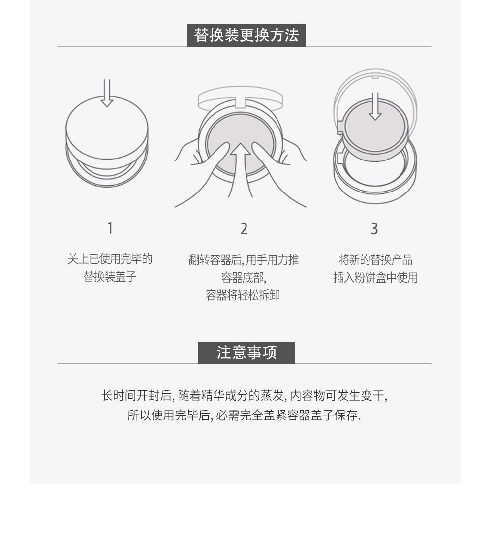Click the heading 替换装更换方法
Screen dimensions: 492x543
(246, 35)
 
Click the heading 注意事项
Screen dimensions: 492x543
(246, 352)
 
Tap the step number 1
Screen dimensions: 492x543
(110, 228)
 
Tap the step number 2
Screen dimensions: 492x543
(244, 228)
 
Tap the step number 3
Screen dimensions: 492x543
(374, 228)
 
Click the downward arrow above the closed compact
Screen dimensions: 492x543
(107, 93)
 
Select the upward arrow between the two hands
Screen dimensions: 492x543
(241, 170)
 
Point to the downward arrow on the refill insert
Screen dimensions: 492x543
(375, 106)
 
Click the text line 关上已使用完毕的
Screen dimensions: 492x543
(110, 258)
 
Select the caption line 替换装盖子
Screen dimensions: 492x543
(110, 276)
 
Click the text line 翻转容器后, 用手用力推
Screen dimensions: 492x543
(244, 260)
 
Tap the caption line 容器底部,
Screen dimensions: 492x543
(244, 277)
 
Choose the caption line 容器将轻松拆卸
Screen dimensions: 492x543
(243, 295)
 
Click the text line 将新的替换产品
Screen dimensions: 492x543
(375, 259)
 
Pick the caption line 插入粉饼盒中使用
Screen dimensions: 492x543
(375, 277)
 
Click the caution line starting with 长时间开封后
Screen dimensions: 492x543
(244, 395)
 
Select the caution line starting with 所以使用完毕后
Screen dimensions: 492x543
(244, 415)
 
